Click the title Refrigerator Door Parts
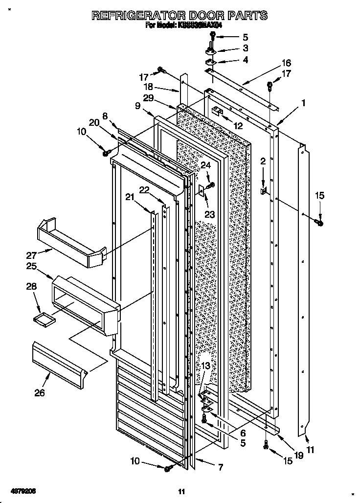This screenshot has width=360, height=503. [x=180, y=15]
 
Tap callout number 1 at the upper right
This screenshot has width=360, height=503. [x=303, y=103]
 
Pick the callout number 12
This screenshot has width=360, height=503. [x=238, y=126]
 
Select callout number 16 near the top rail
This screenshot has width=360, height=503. [x=286, y=63]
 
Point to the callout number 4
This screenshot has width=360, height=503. [x=245, y=60]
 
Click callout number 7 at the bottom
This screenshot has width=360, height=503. [x=220, y=467]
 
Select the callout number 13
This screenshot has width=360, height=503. [x=206, y=366]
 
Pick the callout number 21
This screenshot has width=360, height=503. [x=129, y=197]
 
